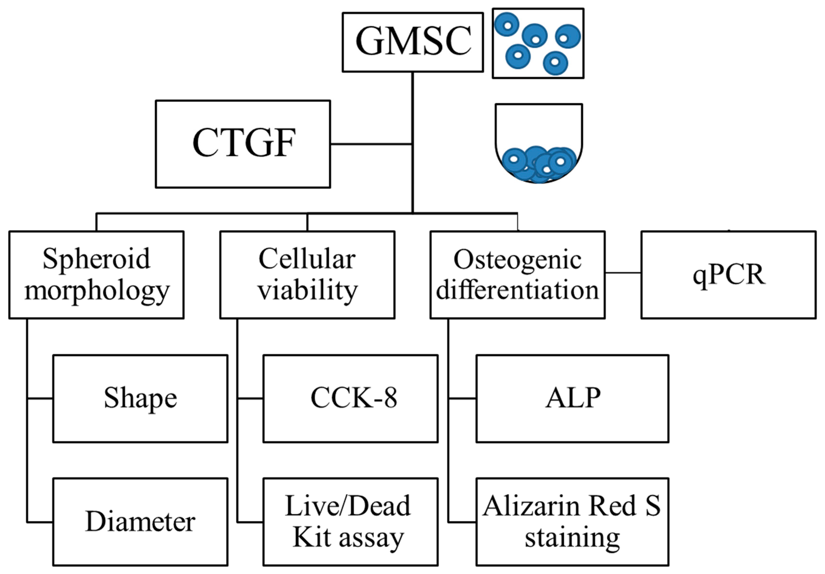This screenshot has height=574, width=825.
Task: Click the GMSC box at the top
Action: coord(412,42)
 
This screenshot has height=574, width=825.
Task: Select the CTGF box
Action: coord(243,144)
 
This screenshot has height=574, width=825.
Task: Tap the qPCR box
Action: coord(728,275)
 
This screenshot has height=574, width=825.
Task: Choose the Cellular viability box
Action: coord(307,275)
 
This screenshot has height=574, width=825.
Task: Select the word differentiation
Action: coord(518,290)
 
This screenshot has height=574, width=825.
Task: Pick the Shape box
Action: coord(140,398)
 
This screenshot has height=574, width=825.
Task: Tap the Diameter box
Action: coord(140,522)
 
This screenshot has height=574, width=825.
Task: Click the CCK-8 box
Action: coord(350,398)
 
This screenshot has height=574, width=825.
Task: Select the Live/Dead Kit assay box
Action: coord(350,522)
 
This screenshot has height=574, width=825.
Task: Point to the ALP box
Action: coord(572,398)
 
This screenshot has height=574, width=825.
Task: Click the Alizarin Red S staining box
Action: coord(572,522)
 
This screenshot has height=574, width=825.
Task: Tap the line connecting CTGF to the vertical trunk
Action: coord(371,144)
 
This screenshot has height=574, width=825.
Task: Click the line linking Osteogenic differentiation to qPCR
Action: coord(623,273)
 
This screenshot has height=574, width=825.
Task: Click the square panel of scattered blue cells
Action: coord(538,43)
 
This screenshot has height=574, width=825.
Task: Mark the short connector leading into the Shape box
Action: coord(40,398)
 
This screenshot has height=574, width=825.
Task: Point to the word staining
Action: coord(572,538)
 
